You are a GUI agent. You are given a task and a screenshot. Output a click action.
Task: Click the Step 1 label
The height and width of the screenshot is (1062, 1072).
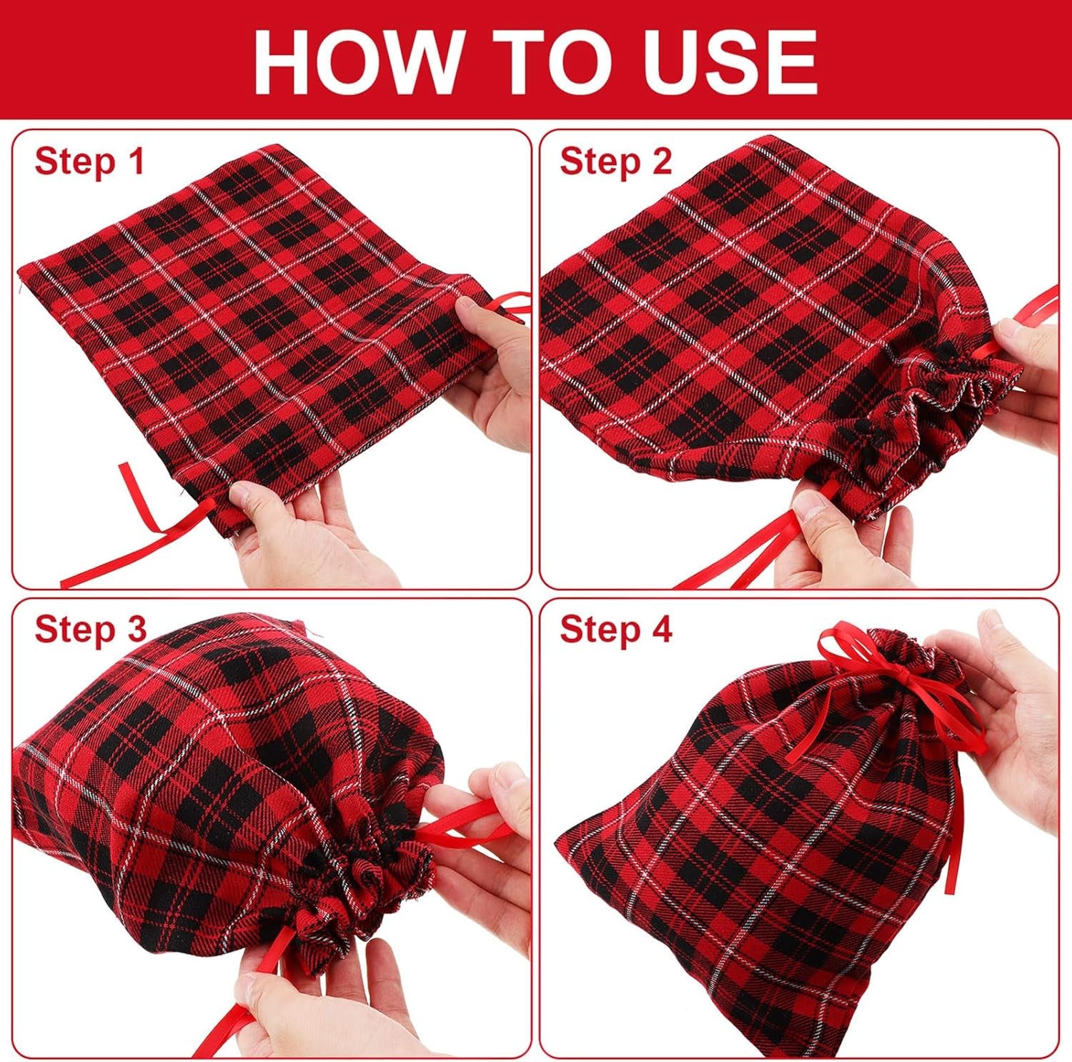[x=89, y=162]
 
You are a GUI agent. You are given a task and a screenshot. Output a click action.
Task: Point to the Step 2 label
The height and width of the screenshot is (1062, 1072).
[x=615, y=162]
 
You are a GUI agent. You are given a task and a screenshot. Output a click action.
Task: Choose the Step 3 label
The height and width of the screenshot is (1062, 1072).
[x=89, y=630]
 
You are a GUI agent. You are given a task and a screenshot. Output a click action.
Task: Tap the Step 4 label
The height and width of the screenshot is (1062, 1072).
[x=615, y=630]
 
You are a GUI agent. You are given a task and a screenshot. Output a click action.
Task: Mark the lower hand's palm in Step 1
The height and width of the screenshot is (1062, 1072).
[x=314, y=550]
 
